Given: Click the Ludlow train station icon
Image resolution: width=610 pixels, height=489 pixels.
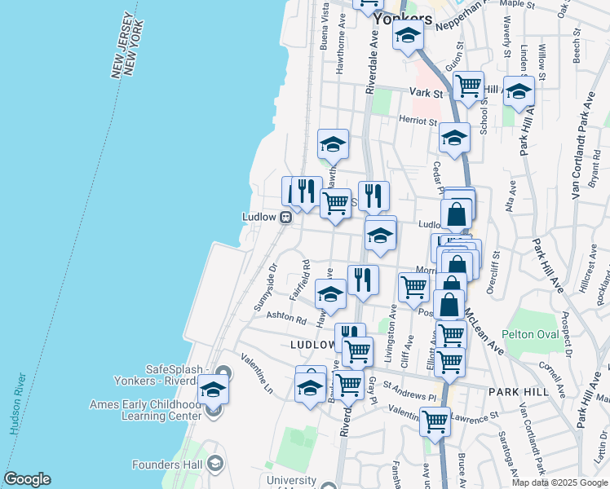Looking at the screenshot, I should coord(286,218).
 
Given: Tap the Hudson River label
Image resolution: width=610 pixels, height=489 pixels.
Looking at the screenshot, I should coord(14,406).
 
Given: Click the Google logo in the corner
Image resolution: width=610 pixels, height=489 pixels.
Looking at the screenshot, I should coord(27,479).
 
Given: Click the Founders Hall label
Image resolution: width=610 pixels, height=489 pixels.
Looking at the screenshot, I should coord(167,465).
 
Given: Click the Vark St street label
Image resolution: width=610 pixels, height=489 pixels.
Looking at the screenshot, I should coord(427,94).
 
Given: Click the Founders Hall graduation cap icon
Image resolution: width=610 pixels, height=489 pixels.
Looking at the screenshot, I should coord(215,465).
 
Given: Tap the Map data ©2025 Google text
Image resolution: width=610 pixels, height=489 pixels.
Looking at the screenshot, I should coord(560,482).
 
